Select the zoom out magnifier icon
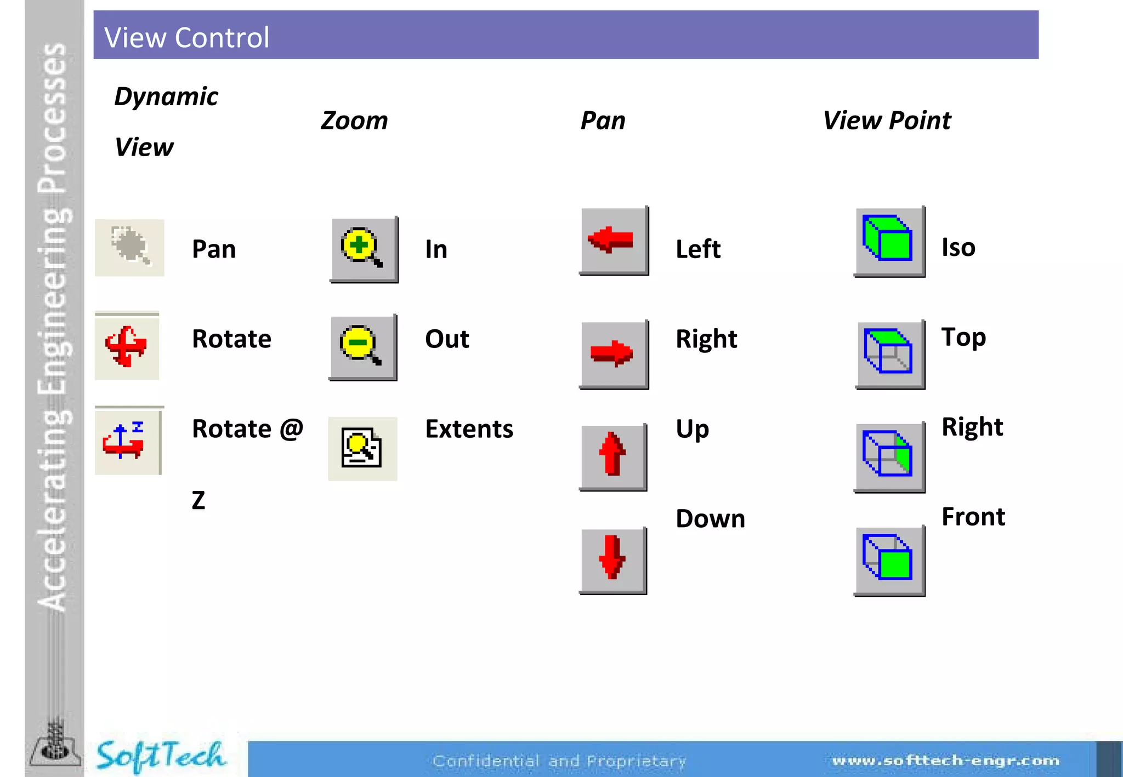[362, 347]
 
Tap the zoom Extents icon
[362, 448]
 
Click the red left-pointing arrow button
[614, 241]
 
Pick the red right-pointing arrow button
[614, 354]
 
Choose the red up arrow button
[612, 456]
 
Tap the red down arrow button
[612, 559]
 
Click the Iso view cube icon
[889, 241]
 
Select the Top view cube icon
[889, 354]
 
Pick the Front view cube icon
[889, 559]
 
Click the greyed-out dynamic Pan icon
[129, 248]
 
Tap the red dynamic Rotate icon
[127, 346]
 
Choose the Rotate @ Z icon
[127, 441]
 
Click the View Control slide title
[187, 37]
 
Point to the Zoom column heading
[354, 121]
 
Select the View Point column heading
[887, 121]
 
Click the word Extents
[469, 429]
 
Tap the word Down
[710, 519]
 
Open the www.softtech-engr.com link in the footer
[945, 761]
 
